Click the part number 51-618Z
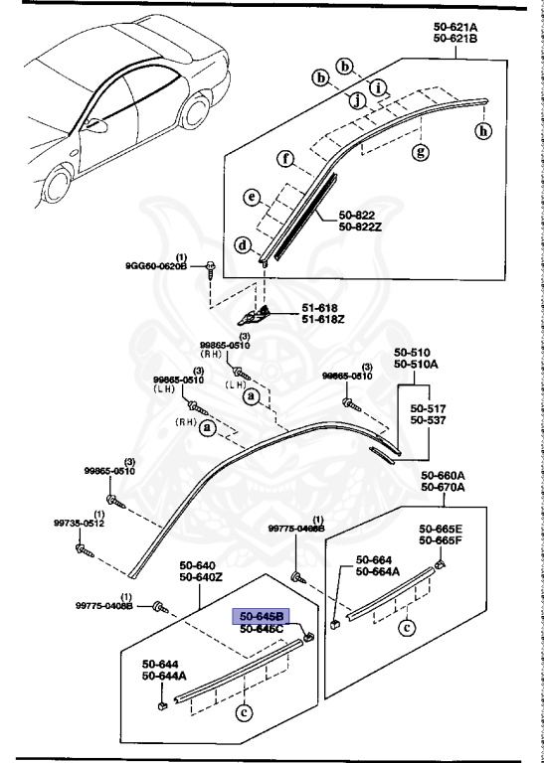324,318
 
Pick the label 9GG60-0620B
156,266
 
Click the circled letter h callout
483,131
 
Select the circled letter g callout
420,152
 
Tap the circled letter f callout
284,159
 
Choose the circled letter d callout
243,245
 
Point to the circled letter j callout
353,98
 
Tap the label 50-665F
439,540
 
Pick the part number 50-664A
377,571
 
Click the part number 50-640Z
201,577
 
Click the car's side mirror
97,125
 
